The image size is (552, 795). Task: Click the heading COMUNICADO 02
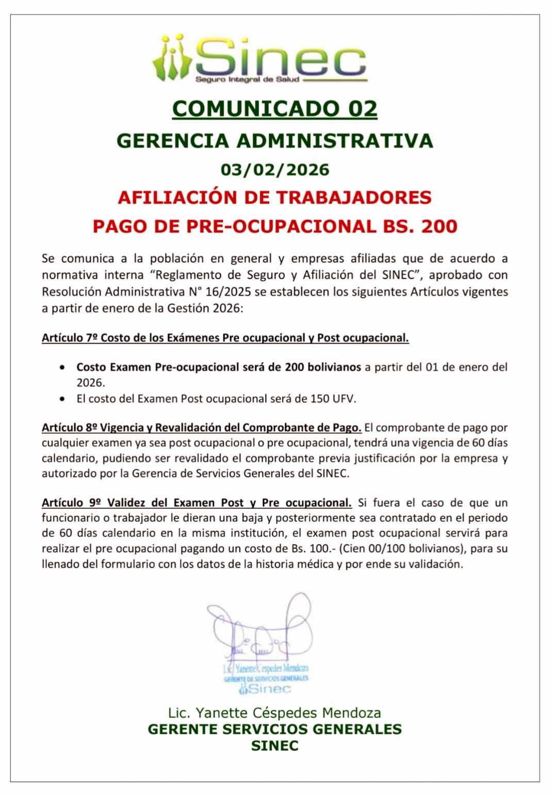pos(274,109)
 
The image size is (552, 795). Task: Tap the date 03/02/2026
pos(274,170)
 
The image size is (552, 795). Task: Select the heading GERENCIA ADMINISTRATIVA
pos(274,140)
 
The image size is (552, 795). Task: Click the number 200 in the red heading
pos(439,226)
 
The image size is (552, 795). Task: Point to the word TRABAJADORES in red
pos(354,198)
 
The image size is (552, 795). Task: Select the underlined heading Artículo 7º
pos(225,338)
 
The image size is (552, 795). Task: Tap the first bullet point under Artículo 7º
pos(62,368)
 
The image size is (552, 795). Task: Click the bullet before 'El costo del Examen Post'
pos(62,399)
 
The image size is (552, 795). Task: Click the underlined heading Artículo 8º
pos(201,428)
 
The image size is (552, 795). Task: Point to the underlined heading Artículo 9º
pos(197,503)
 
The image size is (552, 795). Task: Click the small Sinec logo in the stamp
pos(265,689)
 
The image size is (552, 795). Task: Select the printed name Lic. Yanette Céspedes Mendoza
pos(274,713)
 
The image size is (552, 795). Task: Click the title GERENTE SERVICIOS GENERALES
pos(274,729)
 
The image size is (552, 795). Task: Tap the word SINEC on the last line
pos(274,746)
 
